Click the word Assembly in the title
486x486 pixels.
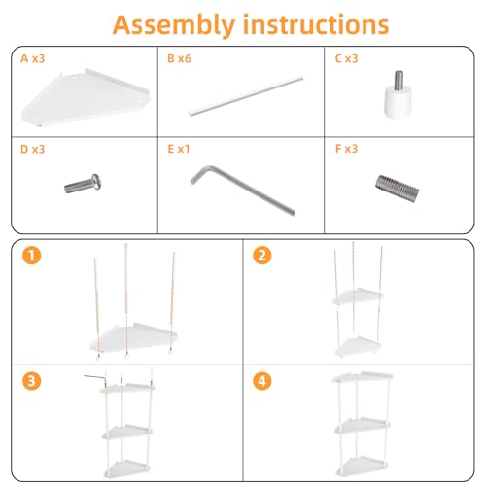[x=174, y=25]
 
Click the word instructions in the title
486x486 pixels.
[x=316, y=24]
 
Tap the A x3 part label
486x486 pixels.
[x=32, y=58]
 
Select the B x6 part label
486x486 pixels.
[x=179, y=58]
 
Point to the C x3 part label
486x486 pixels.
[x=346, y=58]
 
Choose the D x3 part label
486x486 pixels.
[x=32, y=149]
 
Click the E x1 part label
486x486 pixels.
[x=179, y=149]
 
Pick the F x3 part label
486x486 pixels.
[x=346, y=149]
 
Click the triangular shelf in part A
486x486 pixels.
[x=86, y=97]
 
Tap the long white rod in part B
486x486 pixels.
[x=246, y=95]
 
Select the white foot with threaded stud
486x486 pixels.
[x=399, y=93]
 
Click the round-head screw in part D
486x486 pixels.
[x=83, y=184]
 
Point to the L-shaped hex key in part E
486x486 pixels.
[x=241, y=189]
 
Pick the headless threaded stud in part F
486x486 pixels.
[x=398, y=189]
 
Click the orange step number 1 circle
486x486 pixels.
[x=32, y=256]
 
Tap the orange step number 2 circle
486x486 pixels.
[x=262, y=256]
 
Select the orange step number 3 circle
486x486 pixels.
[x=32, y=381]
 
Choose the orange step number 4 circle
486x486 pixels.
[x=262, y=381]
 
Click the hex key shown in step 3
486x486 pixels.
[x=95, y=377]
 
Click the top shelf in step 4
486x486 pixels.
[x=363, y=377]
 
